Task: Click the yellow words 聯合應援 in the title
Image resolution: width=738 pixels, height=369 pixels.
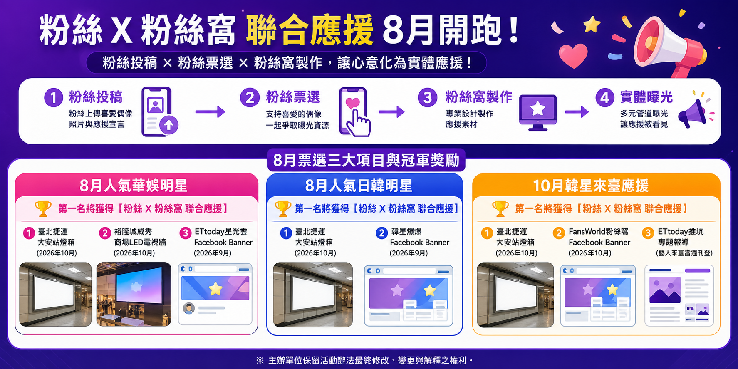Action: [310, 30]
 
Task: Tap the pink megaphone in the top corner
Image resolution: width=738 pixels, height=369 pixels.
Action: [670, 47]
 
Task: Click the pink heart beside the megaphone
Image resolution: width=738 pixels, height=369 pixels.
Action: [573, 56]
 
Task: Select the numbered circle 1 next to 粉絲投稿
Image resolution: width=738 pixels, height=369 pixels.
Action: [54, 98]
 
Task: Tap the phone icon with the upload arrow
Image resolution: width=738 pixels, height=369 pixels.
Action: [159, 111]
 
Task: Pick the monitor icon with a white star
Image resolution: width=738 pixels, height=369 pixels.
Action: [538, 112]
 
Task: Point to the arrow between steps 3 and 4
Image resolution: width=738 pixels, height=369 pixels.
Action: [577, 111]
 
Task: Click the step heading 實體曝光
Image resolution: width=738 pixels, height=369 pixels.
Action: [646, 97]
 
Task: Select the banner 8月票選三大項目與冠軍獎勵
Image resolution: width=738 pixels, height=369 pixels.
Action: [366, 160]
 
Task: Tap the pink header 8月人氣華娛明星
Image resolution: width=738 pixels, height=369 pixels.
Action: [134, 186]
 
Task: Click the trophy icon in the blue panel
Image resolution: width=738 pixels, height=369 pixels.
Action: [283, 208]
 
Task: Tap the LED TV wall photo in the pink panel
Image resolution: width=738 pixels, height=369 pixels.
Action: [134, 294]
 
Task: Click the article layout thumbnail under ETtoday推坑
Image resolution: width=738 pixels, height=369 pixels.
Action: [679, 295]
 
